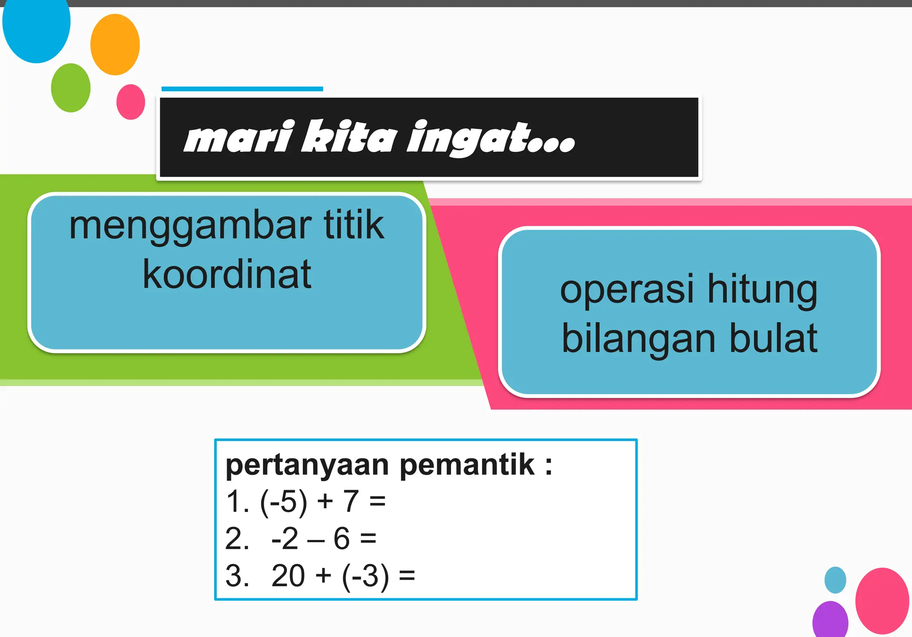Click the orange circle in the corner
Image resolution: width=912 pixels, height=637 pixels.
(x=115, y=45)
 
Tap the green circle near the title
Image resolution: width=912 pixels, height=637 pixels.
(x=70, y=88)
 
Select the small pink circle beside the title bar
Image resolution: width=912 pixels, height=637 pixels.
(x=130, y=102)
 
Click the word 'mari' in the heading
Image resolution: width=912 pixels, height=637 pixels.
(x=240, y=137)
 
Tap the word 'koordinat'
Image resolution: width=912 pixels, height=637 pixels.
(x=227, y=274)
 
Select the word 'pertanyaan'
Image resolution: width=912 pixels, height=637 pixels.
(x=307, y=466)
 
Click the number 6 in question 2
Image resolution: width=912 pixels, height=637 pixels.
(x=342, y=538)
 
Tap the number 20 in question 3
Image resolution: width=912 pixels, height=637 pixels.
(x=288, y=576)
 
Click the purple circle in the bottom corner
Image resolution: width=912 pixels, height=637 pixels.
(x=830, y=620)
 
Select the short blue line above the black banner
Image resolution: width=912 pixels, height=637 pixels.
(x=242, y=89)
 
